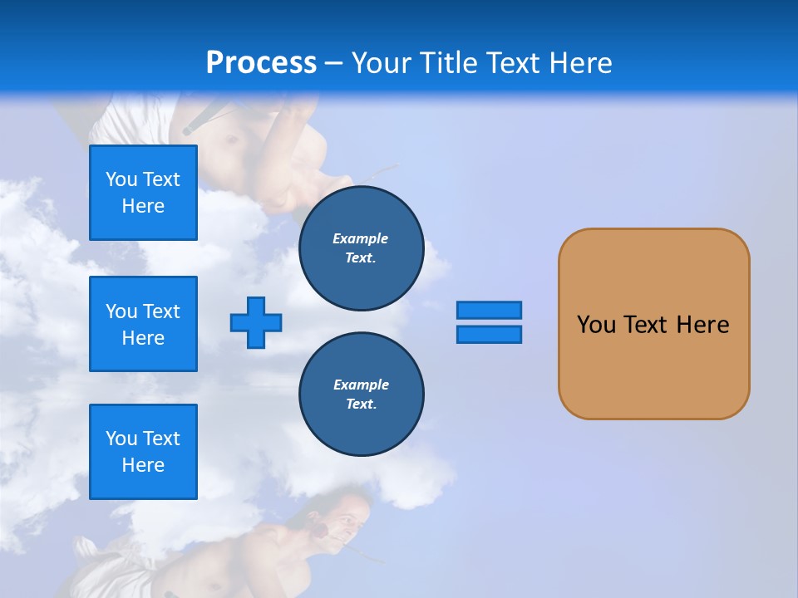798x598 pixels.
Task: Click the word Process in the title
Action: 261,63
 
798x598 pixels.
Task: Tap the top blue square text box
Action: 143,193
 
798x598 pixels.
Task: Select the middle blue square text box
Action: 143,324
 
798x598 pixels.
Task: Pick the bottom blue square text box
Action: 143,452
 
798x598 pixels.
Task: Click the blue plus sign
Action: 256,322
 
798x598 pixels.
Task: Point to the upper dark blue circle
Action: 361,248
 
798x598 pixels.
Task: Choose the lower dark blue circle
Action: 361,395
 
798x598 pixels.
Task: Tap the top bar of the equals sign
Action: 489,310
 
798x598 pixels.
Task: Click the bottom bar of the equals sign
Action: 489,335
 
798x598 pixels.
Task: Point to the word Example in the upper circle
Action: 361,238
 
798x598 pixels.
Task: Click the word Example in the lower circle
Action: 361,385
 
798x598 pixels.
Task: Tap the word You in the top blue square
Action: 121,179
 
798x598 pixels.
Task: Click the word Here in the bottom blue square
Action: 143,465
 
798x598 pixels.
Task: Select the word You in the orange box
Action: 596,325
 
